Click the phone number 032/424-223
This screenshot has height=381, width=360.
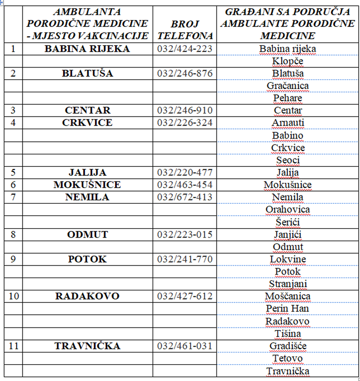point(185,49)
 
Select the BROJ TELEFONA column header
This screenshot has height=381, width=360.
point(185,30)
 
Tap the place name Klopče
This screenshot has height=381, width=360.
point(288,62)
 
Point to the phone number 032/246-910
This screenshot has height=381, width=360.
point(185,110)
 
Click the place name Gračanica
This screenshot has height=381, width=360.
point(288,86)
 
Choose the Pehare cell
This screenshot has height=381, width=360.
point(288,98)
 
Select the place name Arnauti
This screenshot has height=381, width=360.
point(288,123)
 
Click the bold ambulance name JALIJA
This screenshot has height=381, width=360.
point(87,173)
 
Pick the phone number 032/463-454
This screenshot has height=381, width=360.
point(185,185)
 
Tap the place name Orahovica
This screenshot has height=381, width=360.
point(288,210)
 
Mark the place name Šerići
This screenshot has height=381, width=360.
point(288,222)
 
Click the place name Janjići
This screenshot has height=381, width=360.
point(288,235)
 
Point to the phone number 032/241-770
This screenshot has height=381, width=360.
point(185,259)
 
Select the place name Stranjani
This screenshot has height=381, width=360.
point(288,284)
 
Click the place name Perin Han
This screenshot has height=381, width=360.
point(288,309)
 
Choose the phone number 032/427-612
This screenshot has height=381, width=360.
point(185,296)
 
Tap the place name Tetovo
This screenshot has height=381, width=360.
point(288,358)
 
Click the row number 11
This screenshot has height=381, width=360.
point(14,346)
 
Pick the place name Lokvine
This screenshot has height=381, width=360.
point(288,259)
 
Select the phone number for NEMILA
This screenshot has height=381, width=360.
point(185,197)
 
